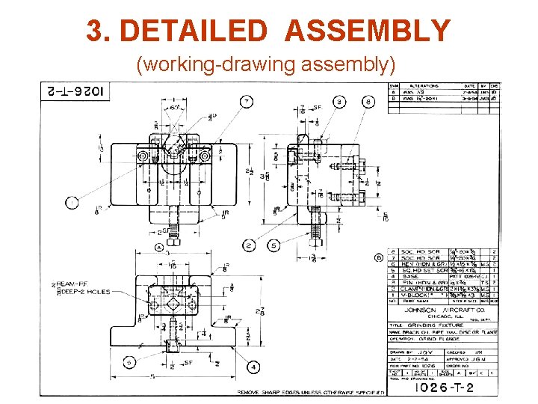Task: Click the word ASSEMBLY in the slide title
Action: pos(368,31)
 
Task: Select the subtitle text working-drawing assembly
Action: pos(265,65)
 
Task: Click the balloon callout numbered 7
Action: pos(246,102)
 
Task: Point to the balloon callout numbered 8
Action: pos(368,101)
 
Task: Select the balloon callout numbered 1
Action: pos(72,202)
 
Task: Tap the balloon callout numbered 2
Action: pos(248,245)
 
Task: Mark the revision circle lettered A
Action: pos(159,248)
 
